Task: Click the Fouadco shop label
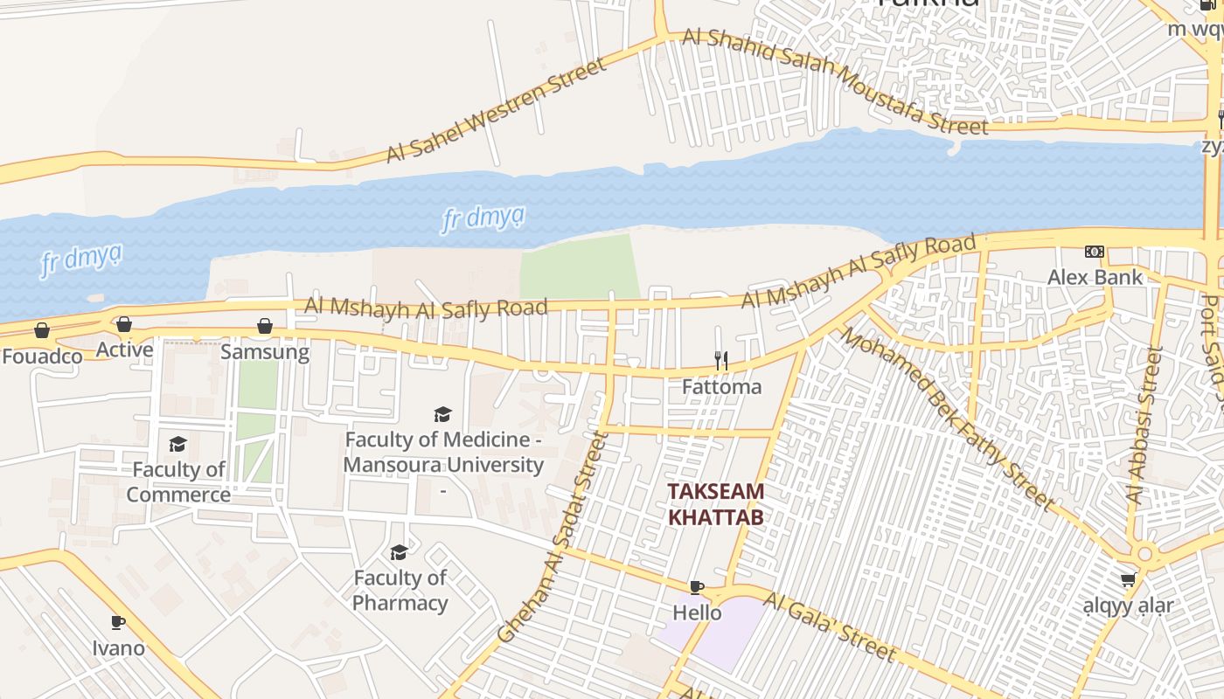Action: click(42, 356)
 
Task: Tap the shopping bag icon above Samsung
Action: click(265, 327)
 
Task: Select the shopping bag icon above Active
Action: click(124, 325)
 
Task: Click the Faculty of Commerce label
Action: click(178, 482)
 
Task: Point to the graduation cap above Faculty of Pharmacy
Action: click(399, 552)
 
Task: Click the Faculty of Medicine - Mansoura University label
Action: click(443, 453)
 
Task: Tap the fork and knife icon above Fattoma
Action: click(721, 360)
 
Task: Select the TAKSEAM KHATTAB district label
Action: click(716, 504)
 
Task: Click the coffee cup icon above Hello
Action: click(697, 587)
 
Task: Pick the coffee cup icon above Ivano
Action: click(118, 623)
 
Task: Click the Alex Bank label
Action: click(1095, 278)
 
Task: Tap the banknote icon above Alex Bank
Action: click(1095, 252)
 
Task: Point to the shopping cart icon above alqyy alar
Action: click(1129, 579)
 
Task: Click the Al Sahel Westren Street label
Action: click(496, 110)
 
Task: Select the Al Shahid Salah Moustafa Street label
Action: click(835, 81)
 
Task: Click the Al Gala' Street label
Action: click(829, 626)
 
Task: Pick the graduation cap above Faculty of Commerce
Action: click(178, 445)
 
